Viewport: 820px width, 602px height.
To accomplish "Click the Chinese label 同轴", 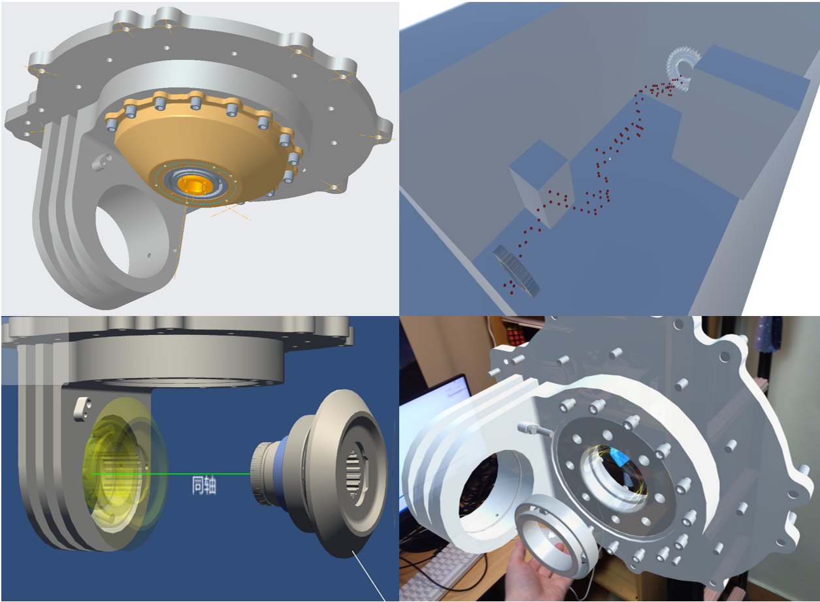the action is (x=204, y=485).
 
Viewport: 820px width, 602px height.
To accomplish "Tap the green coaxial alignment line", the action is (x=171, y=474).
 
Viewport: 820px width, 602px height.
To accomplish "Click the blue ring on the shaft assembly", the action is (x=281, y=475).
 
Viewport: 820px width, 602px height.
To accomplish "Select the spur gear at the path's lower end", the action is (x=517, y=271).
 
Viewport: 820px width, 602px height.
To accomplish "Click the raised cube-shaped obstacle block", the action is (x=540, y=183).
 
